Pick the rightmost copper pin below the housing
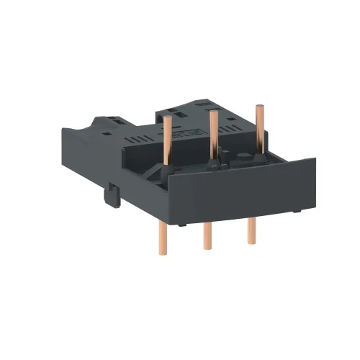(251, 227)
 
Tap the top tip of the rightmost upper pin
(255, 107)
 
